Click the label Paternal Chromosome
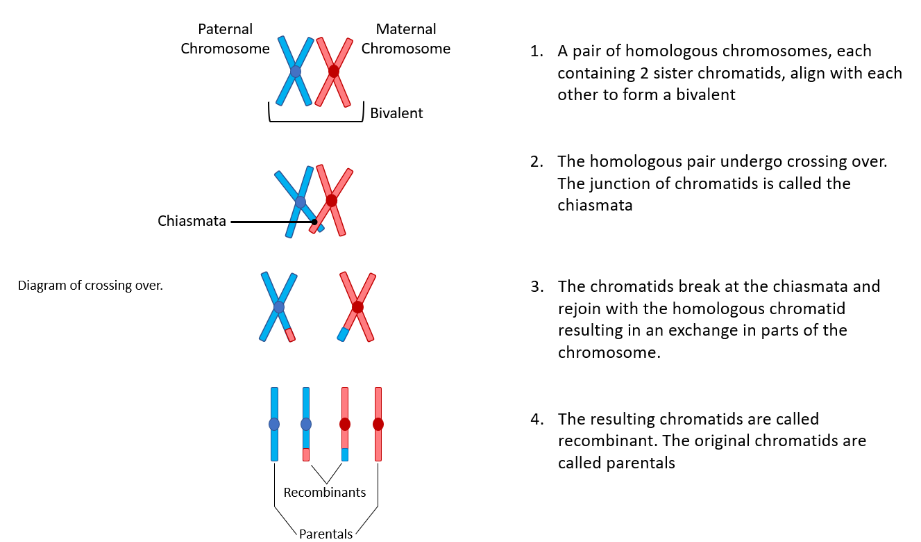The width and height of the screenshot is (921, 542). [225, 39]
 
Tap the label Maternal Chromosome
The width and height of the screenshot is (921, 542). [405, 39]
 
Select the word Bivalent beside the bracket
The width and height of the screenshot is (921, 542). [396, 113]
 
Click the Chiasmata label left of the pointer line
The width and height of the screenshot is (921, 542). [192, 222]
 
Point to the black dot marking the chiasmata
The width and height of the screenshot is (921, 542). [314, 222]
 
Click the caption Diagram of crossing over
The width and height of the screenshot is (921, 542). [90, 285]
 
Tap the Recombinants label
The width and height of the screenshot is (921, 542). [324, 493]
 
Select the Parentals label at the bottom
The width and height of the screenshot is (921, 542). [326, 534]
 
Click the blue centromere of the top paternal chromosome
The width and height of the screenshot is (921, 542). [296, 72]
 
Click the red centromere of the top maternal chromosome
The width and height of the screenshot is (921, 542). [334, 71]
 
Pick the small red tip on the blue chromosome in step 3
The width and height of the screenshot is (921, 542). [289, 334]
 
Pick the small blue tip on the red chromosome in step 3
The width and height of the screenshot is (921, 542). [342, 334]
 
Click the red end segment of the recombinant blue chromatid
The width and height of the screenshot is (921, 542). [306, 454]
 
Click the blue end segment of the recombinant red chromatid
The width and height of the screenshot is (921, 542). [345, 454]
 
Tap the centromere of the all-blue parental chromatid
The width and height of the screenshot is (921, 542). [274, 424]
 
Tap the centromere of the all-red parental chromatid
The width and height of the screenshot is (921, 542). [378, 424]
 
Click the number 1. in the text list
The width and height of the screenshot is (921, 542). [535, 51]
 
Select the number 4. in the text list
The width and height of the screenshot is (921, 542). [535, 420]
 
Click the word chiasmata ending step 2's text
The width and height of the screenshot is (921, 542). [595, 206]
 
